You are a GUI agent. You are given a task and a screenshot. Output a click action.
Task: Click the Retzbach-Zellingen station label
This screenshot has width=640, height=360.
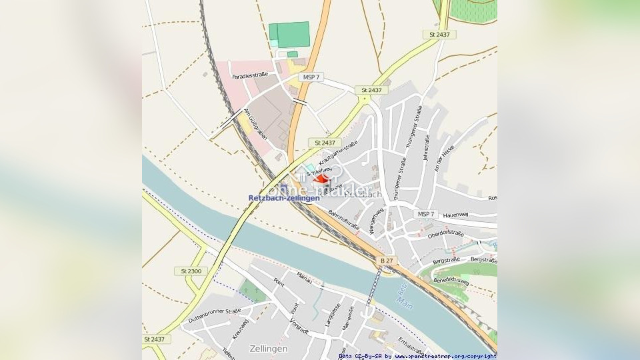coord(279,198)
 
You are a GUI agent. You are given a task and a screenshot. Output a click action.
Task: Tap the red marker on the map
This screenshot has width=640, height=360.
coord(322,179)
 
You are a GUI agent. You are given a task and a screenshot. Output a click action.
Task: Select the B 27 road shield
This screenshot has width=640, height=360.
coord(387,260)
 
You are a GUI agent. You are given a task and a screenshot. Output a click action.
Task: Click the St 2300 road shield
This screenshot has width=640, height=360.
coord(191,271)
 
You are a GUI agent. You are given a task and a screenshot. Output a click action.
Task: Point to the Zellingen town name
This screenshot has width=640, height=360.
coord(268,349)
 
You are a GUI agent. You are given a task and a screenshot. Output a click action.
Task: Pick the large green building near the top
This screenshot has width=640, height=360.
coord(290,34)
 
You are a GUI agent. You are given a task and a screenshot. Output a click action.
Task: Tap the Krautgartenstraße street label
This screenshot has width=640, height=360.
coord(338,153)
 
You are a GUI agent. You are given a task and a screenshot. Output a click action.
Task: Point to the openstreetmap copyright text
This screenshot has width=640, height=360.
coord(417,356)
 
